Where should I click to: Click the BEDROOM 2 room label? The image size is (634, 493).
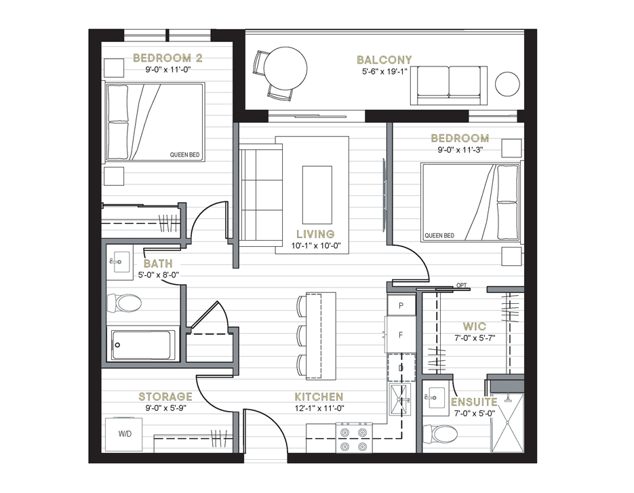point(167,58)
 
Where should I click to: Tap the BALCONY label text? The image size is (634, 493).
point(384,60)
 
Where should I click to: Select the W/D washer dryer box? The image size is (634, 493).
point(124,434)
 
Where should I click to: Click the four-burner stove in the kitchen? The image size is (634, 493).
point(354,437)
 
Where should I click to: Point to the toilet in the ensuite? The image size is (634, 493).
point(440,434)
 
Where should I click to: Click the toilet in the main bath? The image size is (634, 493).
point(124,303)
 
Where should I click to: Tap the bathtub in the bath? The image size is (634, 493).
point(141,345)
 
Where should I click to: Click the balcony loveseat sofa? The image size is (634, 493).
point(449,85)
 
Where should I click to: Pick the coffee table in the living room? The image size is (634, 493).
point(317,195)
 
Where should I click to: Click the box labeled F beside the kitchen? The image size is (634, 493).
point(401,335)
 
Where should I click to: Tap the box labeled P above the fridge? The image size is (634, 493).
point(401,305)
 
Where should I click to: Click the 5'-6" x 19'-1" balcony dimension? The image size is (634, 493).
point(384,72)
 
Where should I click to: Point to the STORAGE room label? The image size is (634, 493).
point(165,397)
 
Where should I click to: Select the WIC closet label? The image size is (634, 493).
point(475,326)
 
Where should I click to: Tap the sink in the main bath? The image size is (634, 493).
point(120,262)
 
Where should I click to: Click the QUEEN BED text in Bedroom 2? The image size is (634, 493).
point(185,155)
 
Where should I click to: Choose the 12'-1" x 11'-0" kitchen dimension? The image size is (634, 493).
point(319,408)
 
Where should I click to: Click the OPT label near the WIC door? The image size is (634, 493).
point(462,285)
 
